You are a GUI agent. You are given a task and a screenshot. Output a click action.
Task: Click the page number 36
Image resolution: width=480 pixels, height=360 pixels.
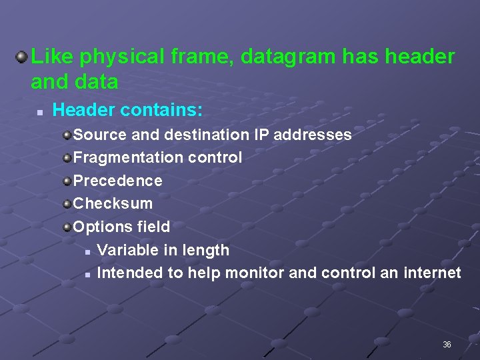point(447,345)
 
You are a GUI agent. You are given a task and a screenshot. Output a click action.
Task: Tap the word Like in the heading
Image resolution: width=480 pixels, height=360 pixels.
point(52,57)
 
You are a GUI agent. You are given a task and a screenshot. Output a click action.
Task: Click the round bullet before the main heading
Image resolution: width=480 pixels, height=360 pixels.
point(21,56)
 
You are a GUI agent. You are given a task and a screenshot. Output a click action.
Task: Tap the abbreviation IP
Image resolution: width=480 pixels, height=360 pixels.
point(261,135)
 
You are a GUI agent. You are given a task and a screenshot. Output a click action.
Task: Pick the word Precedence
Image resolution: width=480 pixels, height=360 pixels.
point(117,181)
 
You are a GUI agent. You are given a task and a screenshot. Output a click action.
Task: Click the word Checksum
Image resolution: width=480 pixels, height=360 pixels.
point(113,203)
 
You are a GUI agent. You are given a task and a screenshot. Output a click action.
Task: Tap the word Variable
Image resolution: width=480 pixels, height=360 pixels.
point(125,250)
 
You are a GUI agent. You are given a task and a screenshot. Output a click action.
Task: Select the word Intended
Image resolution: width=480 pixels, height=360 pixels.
point(129,273)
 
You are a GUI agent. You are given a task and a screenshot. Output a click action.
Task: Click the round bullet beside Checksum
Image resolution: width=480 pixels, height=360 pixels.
point(67,203)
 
